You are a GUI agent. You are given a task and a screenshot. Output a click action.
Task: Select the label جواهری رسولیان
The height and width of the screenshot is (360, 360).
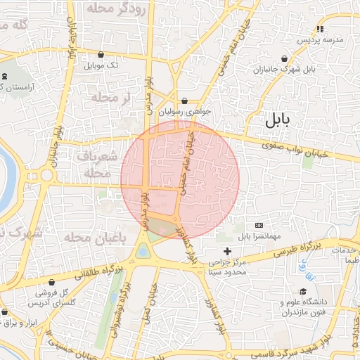(x=184, y=111)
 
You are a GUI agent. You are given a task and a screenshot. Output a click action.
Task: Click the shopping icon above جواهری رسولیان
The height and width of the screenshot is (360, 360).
(x=184, y=101)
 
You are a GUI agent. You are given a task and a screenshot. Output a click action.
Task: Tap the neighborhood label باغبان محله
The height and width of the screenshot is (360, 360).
(x=94, y=238)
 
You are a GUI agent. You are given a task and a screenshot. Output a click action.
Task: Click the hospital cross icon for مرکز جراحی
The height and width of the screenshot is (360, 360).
(x=226, y=251)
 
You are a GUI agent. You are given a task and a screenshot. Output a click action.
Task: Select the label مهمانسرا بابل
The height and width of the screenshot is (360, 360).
(x=258, y=236)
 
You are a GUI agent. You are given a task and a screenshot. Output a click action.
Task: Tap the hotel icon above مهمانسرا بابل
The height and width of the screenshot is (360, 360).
(x=258, y=225)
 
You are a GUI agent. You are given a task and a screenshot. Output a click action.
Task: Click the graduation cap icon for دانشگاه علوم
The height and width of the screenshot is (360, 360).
(x=303, y=292)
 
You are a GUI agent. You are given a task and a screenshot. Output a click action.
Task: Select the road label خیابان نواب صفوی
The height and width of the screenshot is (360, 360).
(x=288, y=148)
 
